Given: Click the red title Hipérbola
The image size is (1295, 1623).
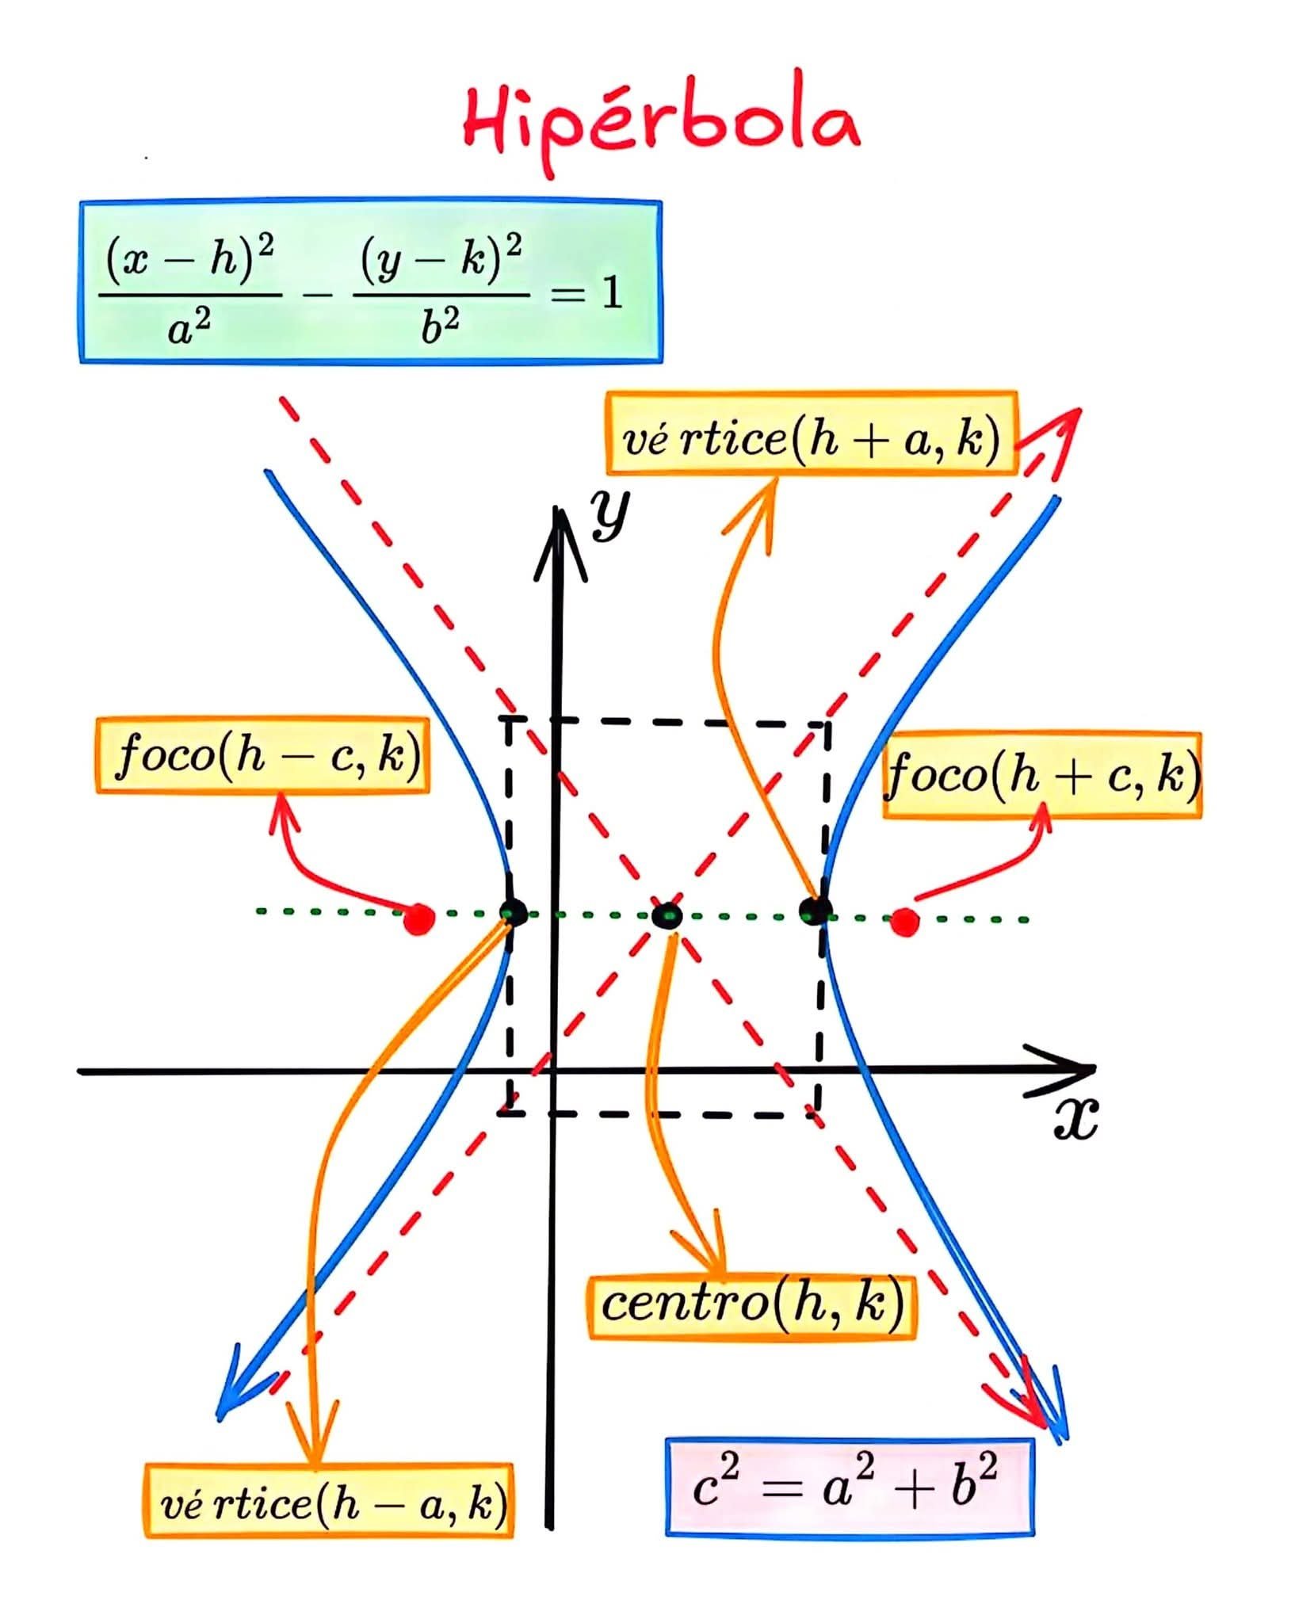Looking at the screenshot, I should tap(662, 123).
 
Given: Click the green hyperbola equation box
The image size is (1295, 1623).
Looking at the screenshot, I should tap(370, 282).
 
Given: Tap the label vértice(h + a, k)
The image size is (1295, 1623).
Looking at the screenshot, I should tap(811, 433).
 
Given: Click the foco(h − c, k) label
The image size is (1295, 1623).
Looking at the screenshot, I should tap(262, 755).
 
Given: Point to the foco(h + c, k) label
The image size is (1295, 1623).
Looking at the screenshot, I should tap(1042, 775).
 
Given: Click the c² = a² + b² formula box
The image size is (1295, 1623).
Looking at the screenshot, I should tap(850, 1487).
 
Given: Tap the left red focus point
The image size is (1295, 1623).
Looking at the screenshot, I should tap(418, 919).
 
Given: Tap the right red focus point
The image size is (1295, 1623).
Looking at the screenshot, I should tap(904, 922).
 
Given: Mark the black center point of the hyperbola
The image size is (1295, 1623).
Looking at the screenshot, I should tap(667, 916).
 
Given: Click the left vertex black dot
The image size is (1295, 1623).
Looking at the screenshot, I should tap(514, 912).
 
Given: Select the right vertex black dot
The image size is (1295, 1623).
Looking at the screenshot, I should tap(814, 911).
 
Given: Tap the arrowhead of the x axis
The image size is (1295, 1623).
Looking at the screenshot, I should tap(1070, 1071).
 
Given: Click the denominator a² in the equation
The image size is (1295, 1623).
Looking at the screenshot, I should tap(191, 327).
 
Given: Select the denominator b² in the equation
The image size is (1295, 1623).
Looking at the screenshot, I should tap(441, 327).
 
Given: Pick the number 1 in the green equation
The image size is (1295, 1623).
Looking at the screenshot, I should tap(611, 293).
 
